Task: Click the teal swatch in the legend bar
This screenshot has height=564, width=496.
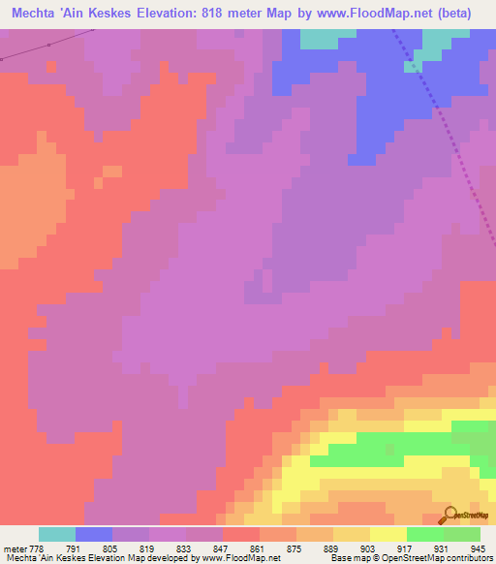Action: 56,535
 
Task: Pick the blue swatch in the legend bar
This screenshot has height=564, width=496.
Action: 94,535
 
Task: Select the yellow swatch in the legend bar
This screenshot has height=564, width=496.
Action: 388,535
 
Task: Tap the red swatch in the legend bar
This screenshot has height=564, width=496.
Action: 241,535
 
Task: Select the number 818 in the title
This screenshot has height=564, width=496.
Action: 236,13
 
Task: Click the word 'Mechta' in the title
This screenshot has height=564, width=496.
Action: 36,13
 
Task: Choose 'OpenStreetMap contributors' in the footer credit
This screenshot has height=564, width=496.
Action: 440,558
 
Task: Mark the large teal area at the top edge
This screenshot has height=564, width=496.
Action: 327,38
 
